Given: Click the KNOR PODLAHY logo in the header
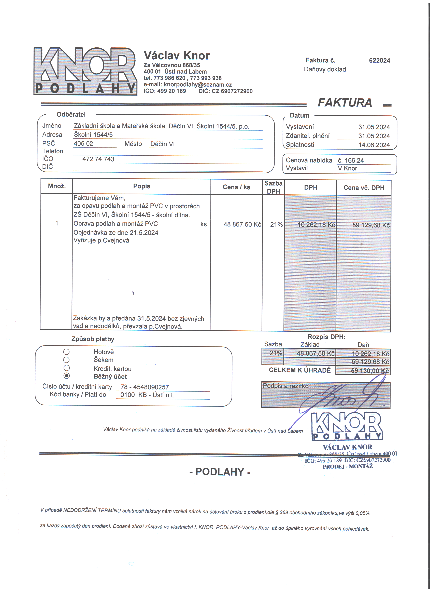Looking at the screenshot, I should [x=85, y=71].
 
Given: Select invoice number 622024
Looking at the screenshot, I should [x=379, y=61].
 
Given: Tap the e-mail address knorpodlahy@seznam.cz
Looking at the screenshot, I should [x=198, y=85].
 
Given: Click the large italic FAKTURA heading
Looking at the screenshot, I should [x=345, y=103].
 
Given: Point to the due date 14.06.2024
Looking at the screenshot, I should [x=374, y=145].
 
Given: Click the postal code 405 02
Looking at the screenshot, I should [x=83, y=144].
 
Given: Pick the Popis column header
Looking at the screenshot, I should [x=142, y=186].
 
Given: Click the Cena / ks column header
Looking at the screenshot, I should [x=236, y=187].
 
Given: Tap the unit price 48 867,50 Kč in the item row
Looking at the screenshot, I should [x=242, y=224].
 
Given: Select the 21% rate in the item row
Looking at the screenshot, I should [x=276, y=224].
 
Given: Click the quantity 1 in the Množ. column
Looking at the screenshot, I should [x=57, y=223].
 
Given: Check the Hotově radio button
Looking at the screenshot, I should [x=66, y=352].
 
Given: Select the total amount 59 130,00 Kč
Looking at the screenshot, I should [x=370, y=371].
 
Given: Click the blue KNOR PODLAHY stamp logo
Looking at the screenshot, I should [x=347, y=426].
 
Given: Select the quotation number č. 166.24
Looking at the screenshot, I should [x=351, y=160].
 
